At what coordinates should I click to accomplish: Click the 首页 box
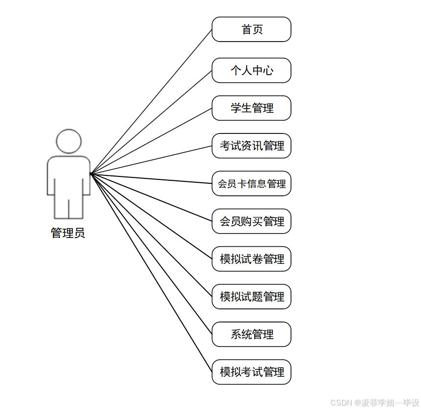[251, 29]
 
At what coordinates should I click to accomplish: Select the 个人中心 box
[251, 70]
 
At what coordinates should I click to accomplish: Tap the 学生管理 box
[251, 108]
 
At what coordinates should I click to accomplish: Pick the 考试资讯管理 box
[251, 146]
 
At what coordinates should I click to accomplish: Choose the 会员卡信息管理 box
[251, 184]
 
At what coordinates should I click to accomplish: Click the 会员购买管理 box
[251, 221]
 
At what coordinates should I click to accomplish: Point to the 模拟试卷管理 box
[251, 259]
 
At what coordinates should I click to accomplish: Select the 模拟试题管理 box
[251, 297]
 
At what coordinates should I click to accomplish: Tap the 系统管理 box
[251, 334]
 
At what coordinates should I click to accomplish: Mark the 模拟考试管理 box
[251, 372]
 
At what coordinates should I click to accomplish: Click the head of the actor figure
[68, 141]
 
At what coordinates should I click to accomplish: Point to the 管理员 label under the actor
[68, 233]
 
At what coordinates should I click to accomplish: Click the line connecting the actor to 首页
[151, 102]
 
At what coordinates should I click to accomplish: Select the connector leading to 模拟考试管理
[151, 273]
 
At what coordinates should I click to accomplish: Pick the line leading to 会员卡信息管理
[151, 179]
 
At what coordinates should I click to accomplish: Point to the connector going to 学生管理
[151, 141]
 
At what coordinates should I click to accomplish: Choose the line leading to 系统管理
[151, 254]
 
